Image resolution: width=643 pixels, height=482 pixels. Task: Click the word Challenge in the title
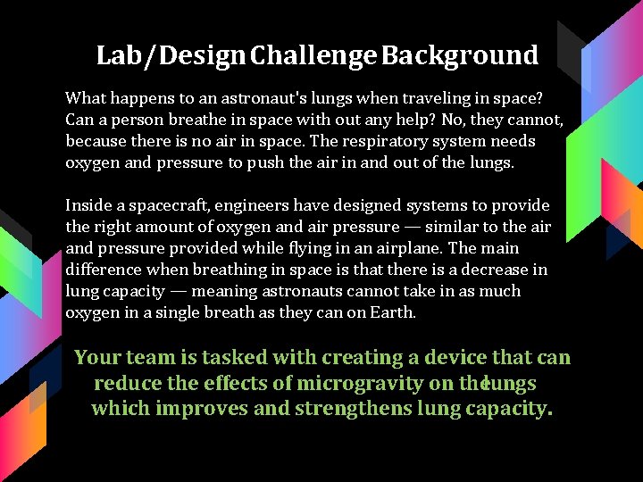coord(313,56)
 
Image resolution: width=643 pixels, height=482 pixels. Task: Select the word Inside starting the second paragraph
coord(88,205)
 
